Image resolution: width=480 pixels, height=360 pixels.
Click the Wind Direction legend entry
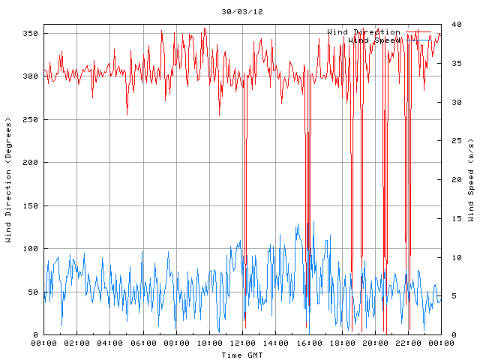(364, 31)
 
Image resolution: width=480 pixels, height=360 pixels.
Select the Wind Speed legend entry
(375, 40)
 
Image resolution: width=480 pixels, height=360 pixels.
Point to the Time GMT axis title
(242, 355)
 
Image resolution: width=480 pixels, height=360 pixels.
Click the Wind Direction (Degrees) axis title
(8, 180)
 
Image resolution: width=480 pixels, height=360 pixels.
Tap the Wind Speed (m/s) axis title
(471, 180)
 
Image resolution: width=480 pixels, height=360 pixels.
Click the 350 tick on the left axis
(30, 34)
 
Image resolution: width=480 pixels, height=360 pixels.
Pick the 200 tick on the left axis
(30, 163)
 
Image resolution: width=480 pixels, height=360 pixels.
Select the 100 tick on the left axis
(30, 249)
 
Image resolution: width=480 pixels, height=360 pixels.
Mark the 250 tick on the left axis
(30, 120)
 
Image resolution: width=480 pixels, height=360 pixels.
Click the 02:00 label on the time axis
(76, 343)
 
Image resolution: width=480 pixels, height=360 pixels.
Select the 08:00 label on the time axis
(176, 343)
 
